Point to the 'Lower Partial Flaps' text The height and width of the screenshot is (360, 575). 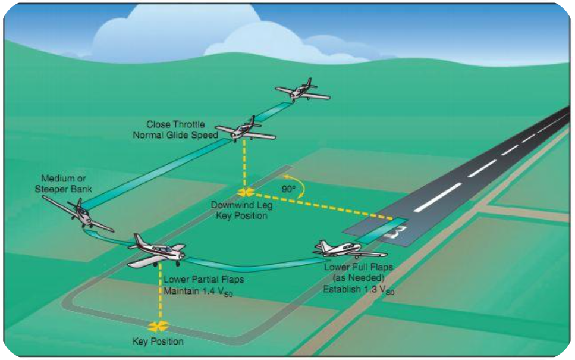pyautogui.click(x=196, y=280)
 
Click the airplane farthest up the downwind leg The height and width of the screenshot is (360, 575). pyautogui.click(x=302, y=90)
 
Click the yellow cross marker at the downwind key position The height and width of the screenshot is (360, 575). pyautogui.click(x=244, y=192)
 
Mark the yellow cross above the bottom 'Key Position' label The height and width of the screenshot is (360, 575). pyautogui.click(x=159, y=325)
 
